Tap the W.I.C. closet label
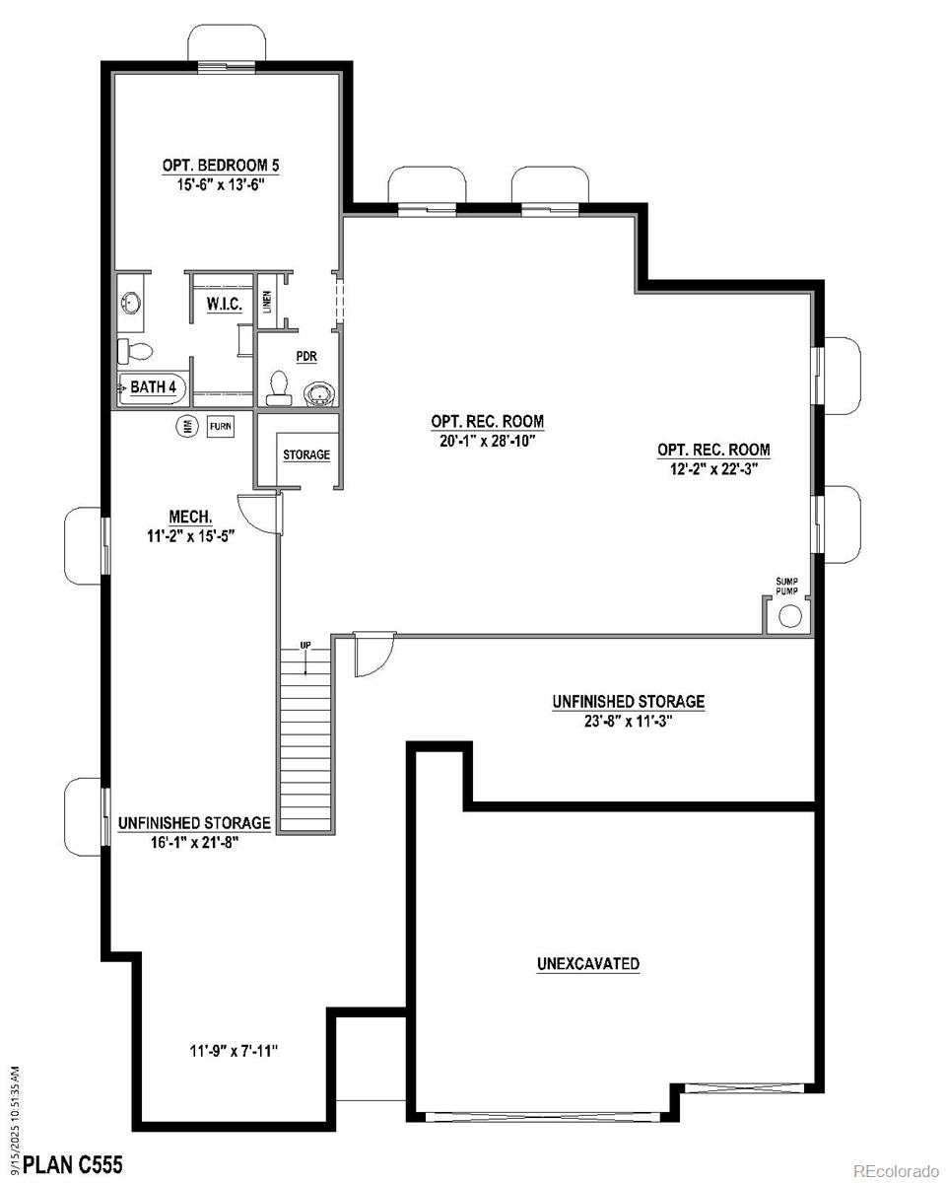click(225, 304)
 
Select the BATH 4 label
click(154, 387)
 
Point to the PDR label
click(306, 356)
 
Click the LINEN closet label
click(267, 303)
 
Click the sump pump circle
click(790, 617)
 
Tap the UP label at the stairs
click(305, 645)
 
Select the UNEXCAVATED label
click(588, 963)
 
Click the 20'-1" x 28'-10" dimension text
click(487, 441)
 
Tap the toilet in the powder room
click(278, 387)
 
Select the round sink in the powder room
click(318, 394)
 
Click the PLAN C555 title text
click(73, 1166)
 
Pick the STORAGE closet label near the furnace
click(306, 455)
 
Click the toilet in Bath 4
click(137, 350)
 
